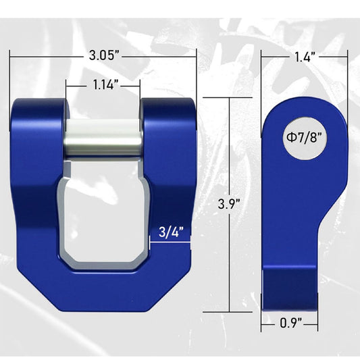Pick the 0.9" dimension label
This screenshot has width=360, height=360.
[x=290, y=324]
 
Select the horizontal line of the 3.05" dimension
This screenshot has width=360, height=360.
[x=41, y=57]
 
